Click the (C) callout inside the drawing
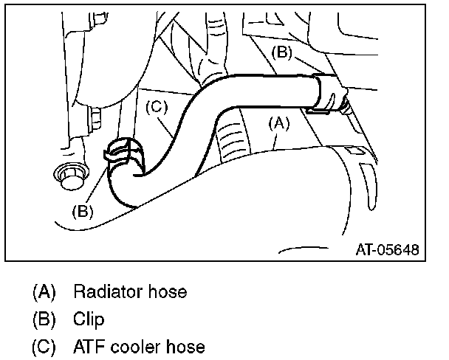tap(157, 106)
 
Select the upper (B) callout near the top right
tap(284, 52)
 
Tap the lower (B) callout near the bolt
tap(83, 210)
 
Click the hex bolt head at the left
tap(69, 176)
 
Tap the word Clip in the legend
tap(89, 319)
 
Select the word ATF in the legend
tap(89, 346)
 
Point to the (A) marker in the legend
tap(44, 292)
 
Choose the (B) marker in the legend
tap(44, 319)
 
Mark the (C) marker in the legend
tap(44, 346)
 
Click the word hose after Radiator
tap(168, 292)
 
